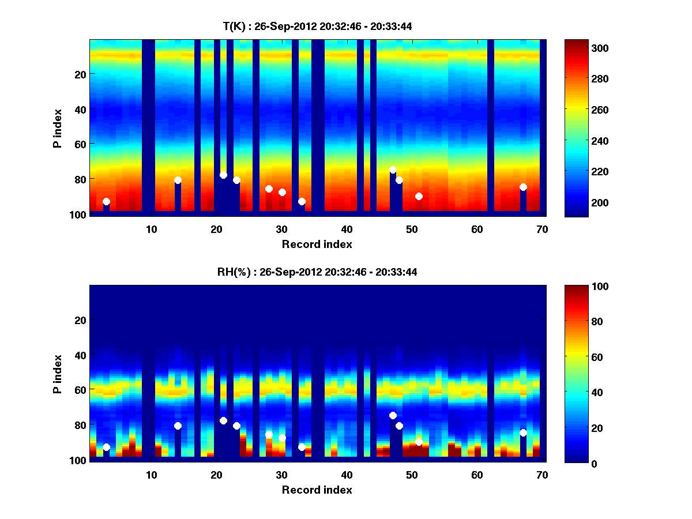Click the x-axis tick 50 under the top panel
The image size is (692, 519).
(412, 229)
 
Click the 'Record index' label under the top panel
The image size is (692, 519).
(317, 244)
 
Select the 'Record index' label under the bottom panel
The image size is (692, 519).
(317, 490)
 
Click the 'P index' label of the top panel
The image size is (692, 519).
(57, 128)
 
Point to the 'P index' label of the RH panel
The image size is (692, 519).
(57, 374)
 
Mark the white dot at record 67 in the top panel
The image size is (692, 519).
(523, 187)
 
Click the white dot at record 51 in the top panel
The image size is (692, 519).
(419, 197)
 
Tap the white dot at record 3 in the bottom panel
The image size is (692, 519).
(106, 447)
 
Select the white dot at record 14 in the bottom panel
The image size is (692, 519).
(178, 426)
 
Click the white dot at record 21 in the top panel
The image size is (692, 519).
(223, 175)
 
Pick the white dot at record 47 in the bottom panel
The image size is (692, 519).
(393, 415)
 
